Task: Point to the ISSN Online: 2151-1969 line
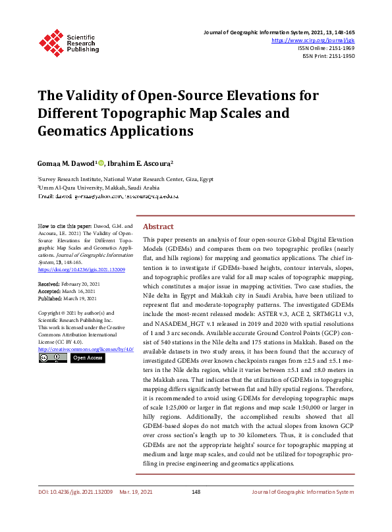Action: (x=326, y=48)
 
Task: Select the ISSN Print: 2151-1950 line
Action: (x=329, y=57)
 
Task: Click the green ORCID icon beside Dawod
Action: (x=101, y=162)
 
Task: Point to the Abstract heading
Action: (x=158, y=225)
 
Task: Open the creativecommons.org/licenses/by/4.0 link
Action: (x=86, y=348)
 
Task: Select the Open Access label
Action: (x=88, y=358)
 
